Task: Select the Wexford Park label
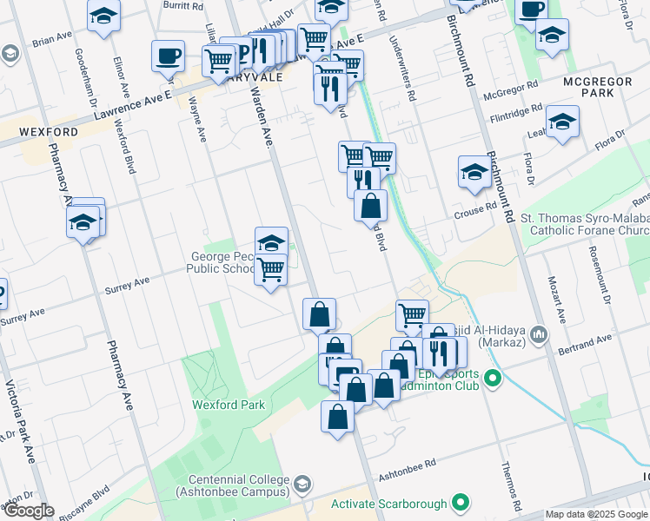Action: click(x=229, y=405)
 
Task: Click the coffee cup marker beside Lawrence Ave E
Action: click(x=169, y=56)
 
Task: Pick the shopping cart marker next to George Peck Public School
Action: click(x=271, y=269)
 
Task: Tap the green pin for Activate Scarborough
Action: click(x=462, y=503)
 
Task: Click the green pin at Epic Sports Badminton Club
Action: click(x=494, y=378)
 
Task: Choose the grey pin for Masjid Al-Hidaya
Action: click(x=539, y=333)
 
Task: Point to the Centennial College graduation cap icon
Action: click(x=302, y=484)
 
